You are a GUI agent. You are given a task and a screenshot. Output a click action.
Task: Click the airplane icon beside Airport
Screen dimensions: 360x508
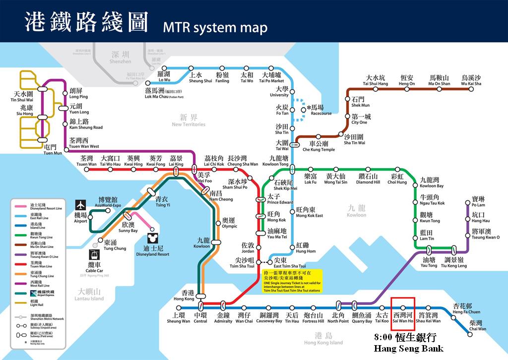tap(80, 205)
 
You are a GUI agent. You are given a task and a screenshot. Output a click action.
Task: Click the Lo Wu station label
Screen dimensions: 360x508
tap(164, 77)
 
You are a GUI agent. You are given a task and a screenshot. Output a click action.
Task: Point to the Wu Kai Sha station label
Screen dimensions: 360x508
tap(471, 81)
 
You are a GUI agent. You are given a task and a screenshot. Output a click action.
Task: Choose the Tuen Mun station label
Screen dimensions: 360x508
tap(53, 150)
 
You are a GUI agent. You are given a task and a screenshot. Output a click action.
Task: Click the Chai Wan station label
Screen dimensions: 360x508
tap(477, 326)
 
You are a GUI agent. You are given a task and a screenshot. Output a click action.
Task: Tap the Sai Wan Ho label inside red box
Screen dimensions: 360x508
tap(402, 318)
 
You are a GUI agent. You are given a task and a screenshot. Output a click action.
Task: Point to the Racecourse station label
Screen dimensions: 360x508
tap(320, 110)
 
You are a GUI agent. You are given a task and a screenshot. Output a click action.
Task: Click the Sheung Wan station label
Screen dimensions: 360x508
tap(178, 318)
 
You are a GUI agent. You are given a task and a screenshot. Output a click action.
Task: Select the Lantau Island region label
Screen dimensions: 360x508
tap(90, 295)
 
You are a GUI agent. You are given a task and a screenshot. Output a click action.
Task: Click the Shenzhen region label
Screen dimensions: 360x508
tap(120, 58)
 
